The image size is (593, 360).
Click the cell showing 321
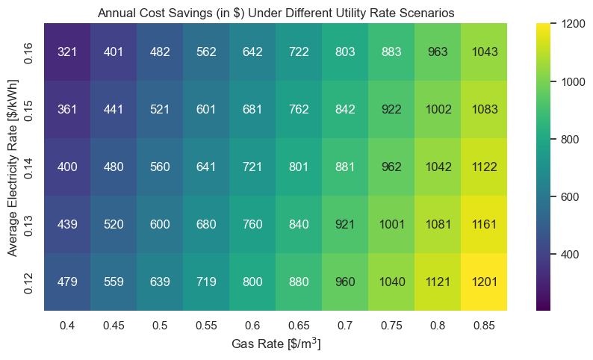click(67, 52)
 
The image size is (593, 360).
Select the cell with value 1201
click(484, 282)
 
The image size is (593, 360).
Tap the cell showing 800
click(252, 282)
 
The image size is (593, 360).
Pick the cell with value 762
click(299, 109)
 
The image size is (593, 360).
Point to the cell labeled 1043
click(484, 52)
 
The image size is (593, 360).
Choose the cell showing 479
click(67, 282)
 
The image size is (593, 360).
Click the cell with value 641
click(206, 167)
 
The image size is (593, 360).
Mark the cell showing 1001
click(391, 224)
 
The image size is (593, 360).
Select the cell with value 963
click(438, 52)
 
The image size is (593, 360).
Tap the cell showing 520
click(114, 224)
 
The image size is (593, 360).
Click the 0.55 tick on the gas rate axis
click(206, 326)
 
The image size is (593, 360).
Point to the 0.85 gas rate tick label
click(484, 326)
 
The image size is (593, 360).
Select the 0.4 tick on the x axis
click(67, 326)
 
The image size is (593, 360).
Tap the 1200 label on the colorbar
click(574, 24)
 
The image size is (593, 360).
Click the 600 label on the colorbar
click(570, 196)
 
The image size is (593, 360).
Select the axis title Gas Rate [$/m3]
click(276, 343)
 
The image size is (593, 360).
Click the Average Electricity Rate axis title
click(13, 168)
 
